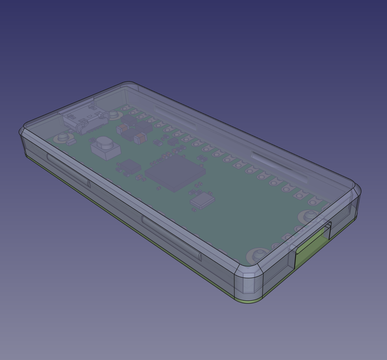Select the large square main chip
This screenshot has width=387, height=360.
coord(175,172)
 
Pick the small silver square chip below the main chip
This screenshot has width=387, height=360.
coord(203,200)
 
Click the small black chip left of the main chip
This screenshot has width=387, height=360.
coord(129,166)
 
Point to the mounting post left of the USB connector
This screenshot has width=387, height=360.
coord(63,137)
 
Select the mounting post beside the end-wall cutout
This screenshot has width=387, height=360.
coord(310,216)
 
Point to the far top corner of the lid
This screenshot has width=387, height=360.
coord(128,84)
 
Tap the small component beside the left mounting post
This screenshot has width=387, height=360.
coord(71,143)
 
